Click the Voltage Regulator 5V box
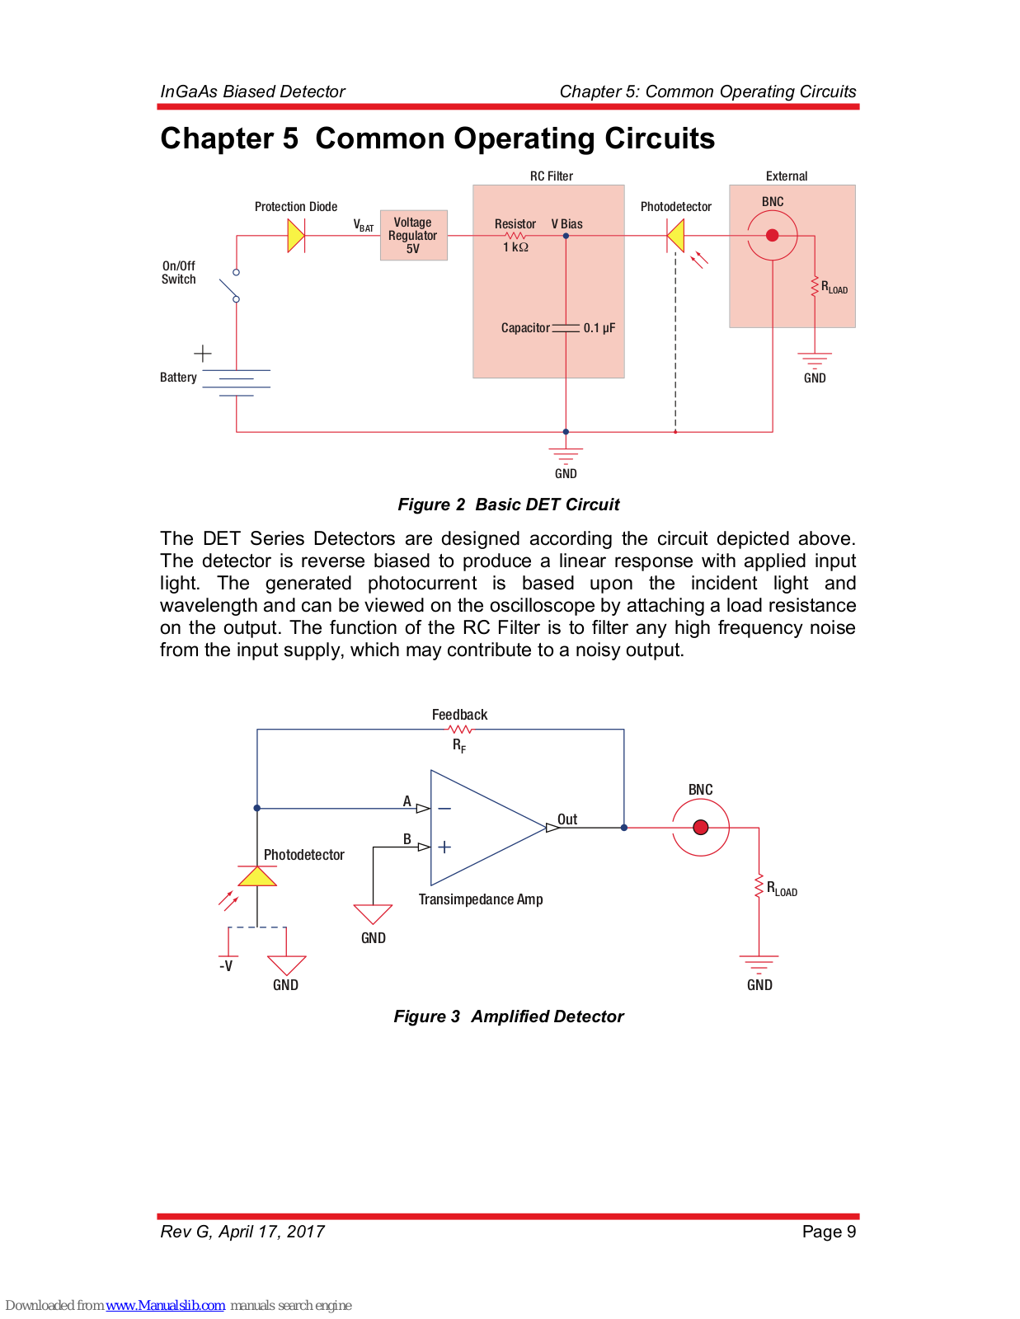coord(413,235)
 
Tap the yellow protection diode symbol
coord(296,236)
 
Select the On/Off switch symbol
coord(232,286)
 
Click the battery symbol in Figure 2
coord(236,383)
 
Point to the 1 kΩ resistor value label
coord(515,247)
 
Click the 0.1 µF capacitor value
coord(599,328)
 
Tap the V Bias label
coord(566,224)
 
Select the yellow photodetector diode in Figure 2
coord(675,236)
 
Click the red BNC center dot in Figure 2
coord(773,236)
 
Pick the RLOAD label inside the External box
coord(834,287)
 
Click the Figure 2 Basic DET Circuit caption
coord(508,505)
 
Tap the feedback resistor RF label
coord(459,745)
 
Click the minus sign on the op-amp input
coord(444,809)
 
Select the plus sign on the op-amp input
coord(444,847)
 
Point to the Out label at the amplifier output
coord(567,819)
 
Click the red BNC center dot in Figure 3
coord(701,828)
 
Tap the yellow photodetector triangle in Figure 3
coord(257,875)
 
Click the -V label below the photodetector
coord(226,965)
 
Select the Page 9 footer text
coord(829,1232)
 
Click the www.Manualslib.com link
coord(165,1305)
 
